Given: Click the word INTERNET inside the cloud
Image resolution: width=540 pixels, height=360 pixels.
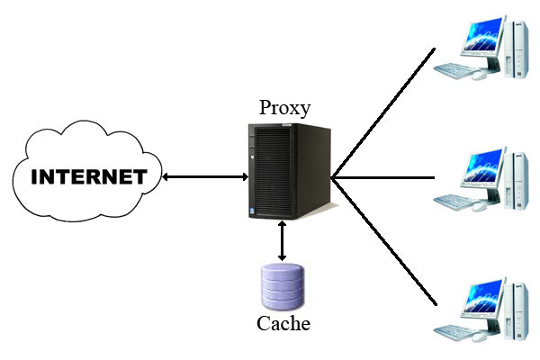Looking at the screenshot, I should (88, 175).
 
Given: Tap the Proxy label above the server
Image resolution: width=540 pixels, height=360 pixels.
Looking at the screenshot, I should (284, 108).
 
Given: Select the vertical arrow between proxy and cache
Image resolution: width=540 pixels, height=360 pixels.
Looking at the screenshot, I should (283, 241).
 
